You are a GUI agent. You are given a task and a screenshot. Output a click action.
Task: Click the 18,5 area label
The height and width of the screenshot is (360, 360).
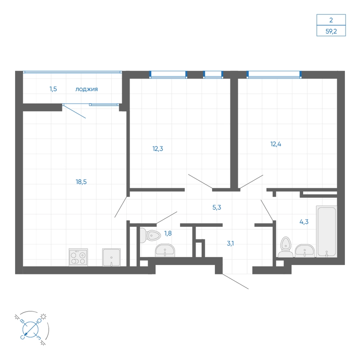(81, 182)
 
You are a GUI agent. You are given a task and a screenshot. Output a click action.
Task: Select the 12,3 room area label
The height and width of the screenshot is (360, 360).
(158, 148)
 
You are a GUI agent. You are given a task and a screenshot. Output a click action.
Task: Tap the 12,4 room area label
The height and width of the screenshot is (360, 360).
(276, 144)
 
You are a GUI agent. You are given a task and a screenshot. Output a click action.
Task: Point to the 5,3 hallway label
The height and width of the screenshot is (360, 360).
(217, 207)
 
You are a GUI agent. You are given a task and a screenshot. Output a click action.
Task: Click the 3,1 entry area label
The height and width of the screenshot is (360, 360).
(230, 243)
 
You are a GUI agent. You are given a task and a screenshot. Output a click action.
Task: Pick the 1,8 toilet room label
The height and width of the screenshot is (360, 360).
(168, 233)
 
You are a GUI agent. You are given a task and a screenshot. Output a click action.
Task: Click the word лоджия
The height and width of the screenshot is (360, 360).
(87, 89)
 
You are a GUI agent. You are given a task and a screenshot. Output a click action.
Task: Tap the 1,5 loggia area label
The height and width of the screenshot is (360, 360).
(53, 89)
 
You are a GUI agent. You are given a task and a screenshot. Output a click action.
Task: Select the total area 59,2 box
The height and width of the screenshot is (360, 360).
(331, 30)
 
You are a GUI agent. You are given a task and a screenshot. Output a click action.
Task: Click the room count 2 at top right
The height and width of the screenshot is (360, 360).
(331, 19)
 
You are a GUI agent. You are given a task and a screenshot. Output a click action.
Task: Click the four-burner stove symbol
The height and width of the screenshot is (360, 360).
(78, 257)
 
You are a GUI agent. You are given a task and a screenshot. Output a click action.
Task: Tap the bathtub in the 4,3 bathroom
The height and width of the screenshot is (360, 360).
(326, 232)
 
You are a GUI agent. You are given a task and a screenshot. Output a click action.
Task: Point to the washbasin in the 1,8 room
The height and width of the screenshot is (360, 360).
(165, 250)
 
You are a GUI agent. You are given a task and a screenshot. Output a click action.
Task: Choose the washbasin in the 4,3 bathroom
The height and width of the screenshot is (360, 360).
(305, 252)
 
